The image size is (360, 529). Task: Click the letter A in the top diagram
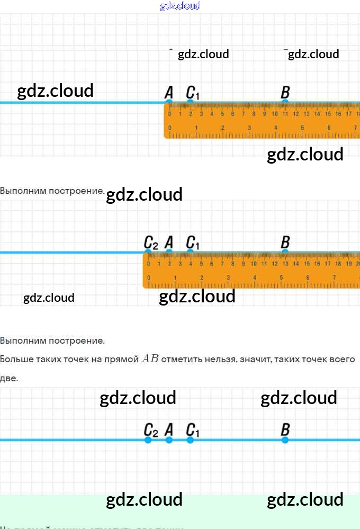[169, 92]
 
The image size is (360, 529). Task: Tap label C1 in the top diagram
[193, 93]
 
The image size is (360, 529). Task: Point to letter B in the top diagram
[285, 92]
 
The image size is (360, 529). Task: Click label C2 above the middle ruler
[151, 243]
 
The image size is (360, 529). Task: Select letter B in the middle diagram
[285, 243]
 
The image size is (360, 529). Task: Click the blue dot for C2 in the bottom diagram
[148, 440]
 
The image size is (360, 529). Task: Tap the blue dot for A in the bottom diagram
[169, 440]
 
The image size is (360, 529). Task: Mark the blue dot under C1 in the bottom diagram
[190, 440]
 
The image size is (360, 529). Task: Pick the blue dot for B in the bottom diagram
[285, 440]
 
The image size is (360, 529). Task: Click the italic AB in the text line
[150, 359]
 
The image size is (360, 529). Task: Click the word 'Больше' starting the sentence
[14, 360]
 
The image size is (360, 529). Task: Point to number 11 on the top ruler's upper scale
[285, 114]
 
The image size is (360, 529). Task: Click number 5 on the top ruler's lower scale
[302, 128]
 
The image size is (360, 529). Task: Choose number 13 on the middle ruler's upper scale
[285, 264]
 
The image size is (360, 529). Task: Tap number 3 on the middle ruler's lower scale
[228, 277]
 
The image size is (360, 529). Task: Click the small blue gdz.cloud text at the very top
[180, 6]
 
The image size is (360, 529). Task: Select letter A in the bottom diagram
[169, 429]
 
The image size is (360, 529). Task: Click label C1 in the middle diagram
[193, 243]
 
